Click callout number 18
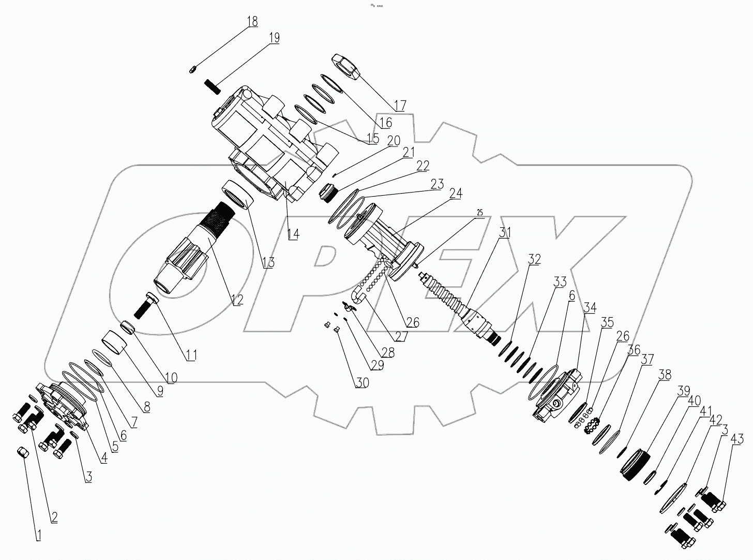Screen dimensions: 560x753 pyautogui.click(x=252, y=22)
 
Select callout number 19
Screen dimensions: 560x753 pyautogui.click(x=274, y=37)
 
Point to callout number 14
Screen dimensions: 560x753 pyautogui.click(x=293, y=233)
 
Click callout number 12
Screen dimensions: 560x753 pyautogui.click(x=237, y=299)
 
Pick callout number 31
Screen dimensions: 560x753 pyautogui.click(x=504, y=232)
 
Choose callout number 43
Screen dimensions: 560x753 pyautogui.click(x=737, y=439)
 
